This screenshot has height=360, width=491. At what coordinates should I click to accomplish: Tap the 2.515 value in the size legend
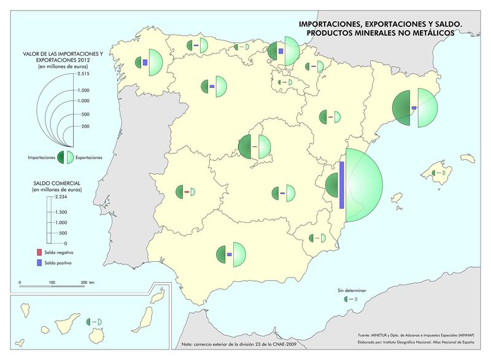pyautogui.click(x=83, y=73)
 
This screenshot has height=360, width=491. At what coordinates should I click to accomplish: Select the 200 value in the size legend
pyautogui.click(x=85, y=126)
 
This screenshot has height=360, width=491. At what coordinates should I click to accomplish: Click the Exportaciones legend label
pyautogui.click(x=89, y=158)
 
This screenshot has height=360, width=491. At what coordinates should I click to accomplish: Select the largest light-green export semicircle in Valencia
pyautogui.click(x=363, y=184)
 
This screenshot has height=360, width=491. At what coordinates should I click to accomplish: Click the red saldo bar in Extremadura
pyautogui.click(x=186, y=192)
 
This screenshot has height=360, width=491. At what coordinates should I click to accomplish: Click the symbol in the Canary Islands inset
pyautogui.click(x=95, y=322)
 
